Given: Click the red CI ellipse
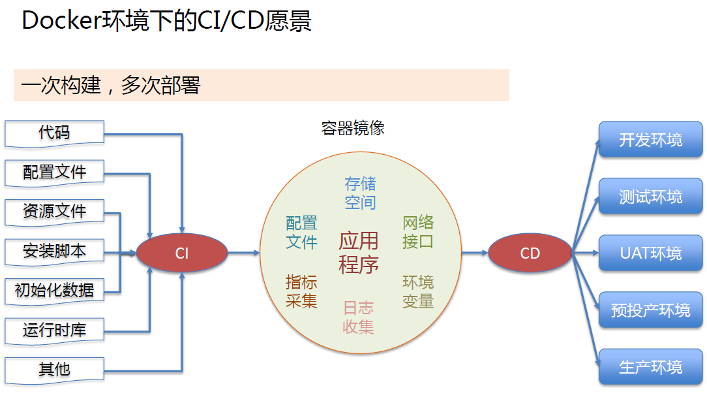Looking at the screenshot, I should pos(182,253).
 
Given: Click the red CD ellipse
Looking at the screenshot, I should pos(530,253).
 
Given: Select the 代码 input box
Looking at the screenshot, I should pos(54,133).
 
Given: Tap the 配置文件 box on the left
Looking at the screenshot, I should pos(54,172).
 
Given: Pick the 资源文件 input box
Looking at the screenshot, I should pos(54,212).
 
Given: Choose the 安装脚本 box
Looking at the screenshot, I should pos(54,251).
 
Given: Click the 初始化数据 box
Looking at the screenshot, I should pos(54,291).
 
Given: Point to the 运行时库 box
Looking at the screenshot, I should pos(54,330).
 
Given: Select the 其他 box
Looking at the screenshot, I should pos(54,370).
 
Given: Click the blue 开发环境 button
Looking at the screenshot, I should pos(650,140).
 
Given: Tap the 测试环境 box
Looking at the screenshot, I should pos(650,197).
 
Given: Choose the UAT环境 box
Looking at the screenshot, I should pos(650,253).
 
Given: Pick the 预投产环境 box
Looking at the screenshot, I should pos(650,310).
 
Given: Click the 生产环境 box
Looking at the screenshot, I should pos(650,366).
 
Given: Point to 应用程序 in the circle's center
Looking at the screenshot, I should pos(359,253).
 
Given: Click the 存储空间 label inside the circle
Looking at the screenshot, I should pos(360,193).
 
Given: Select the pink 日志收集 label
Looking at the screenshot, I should pos(359,317).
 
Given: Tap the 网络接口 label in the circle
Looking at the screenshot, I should pos(418,233).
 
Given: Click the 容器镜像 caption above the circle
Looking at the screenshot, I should pos(353,128).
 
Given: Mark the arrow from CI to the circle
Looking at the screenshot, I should pos(243,253).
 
